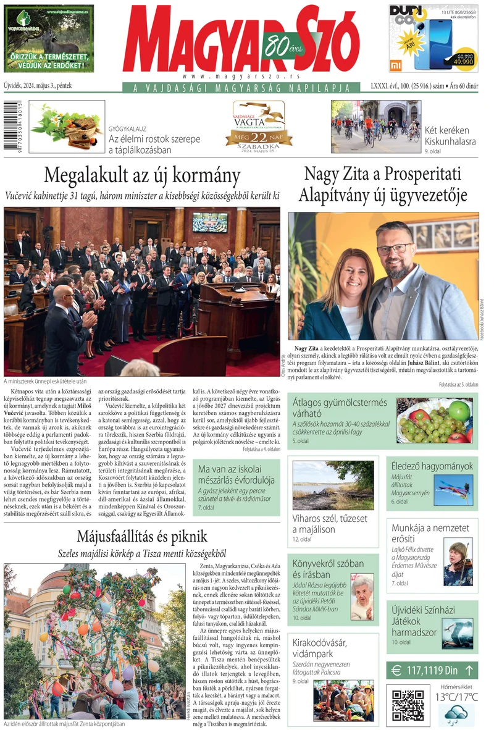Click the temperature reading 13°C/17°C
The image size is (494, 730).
[x=456, y=697]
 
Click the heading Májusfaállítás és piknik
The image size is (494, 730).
[x=142, y=536]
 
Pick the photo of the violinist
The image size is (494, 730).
[x=458, y=564]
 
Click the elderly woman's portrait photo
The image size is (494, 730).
[x=362, y=597]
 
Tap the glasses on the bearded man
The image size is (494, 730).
[x=395, y=248]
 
